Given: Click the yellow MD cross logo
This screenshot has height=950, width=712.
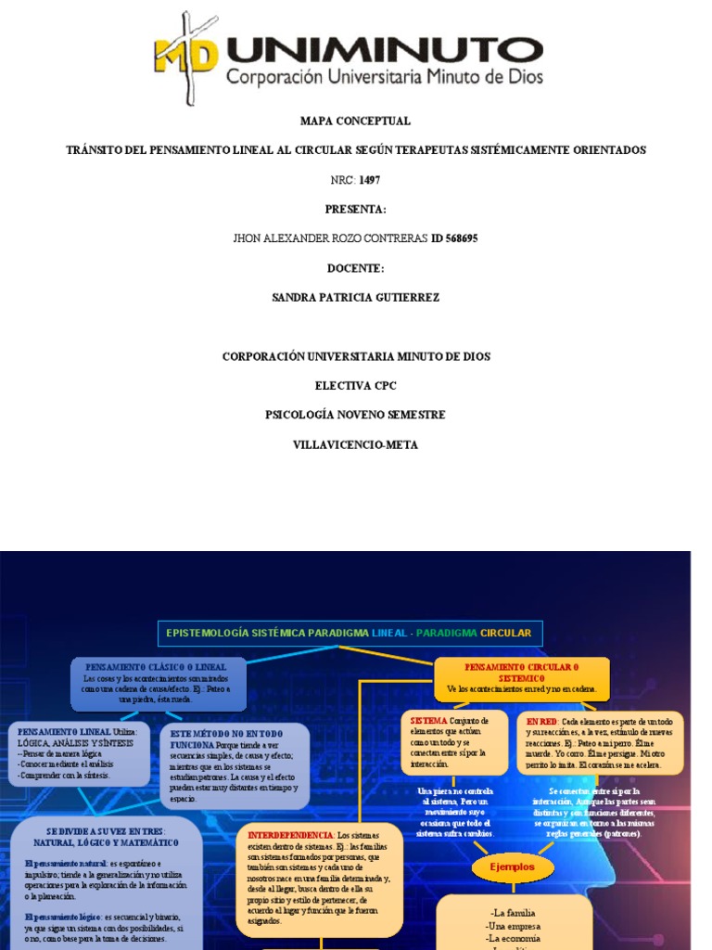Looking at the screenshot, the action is pos(185,58).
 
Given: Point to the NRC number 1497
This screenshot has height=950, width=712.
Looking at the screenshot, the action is pos(369,179).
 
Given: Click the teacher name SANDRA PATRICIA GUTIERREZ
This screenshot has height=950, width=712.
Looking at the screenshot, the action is pos(355,298).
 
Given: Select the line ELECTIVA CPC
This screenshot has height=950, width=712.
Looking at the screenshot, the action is pos(355,385).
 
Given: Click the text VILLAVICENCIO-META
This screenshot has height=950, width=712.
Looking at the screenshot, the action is pos(355,444).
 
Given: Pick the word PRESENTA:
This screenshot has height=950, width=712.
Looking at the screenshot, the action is pos(355,209).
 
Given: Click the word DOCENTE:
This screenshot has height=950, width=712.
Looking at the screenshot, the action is pos(355,268).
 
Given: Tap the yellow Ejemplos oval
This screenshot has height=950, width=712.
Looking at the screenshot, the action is pos(513,867).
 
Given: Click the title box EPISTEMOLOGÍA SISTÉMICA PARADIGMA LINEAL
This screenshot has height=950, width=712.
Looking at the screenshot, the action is pos(350,633).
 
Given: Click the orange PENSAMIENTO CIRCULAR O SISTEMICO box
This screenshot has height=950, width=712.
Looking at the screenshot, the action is pos(521,678).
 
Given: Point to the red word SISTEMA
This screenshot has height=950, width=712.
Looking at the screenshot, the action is pos(427,720).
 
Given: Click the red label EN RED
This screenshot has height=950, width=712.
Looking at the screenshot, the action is pos(541,720).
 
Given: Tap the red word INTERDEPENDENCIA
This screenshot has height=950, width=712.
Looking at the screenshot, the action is pos(290,835).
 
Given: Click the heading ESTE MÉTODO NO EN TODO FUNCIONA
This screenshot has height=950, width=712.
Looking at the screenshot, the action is pos(233,738).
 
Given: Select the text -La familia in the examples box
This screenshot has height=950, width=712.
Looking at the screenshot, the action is pos(513,913).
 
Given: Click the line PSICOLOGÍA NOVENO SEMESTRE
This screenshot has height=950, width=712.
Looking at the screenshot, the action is pos(355,415).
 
